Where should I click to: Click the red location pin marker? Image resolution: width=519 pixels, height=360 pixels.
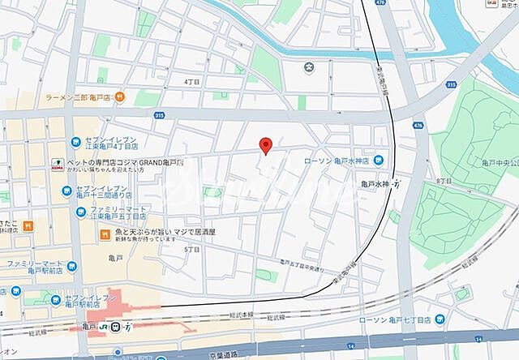coord(265,145)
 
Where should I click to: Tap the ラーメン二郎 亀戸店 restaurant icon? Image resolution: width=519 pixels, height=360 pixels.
coord(119,96)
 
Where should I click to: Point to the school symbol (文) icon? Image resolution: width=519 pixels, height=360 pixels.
coord(308,67)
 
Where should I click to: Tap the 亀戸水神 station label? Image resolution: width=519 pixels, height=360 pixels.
coord(378,184)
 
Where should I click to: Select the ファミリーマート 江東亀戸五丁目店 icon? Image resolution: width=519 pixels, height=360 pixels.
coord(80,212)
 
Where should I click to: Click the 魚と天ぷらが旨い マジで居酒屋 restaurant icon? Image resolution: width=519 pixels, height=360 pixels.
coord(105,234)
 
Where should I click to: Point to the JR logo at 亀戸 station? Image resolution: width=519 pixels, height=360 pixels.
coord(104,326)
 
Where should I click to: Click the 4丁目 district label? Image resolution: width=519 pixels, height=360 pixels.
coord(191,82)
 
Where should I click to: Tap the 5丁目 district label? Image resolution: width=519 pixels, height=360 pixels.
coord(191,250)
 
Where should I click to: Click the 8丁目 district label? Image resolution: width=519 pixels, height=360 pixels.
coord(465,182)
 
